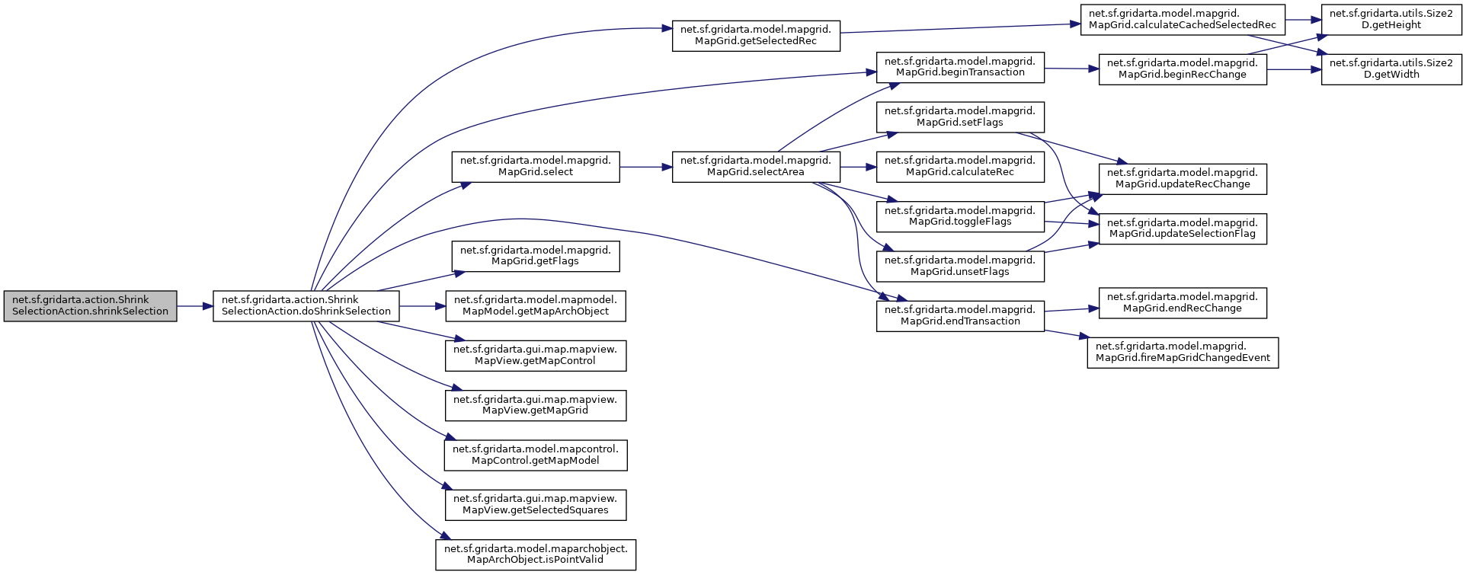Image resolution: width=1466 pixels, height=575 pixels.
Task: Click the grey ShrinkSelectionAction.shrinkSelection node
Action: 90,305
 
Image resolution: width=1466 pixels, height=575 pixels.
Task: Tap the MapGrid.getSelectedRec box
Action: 756,36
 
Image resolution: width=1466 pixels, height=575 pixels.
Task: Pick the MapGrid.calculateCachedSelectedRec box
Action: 1183,19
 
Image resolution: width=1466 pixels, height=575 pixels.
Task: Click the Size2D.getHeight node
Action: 1391,19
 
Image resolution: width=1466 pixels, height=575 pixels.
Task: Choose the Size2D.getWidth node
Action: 1391,69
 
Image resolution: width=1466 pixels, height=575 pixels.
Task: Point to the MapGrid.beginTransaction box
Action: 960,67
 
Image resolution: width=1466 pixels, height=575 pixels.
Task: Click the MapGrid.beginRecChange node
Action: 1183,69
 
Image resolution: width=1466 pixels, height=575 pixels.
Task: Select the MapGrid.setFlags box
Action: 960,117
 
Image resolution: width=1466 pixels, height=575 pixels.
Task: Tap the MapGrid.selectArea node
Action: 756,166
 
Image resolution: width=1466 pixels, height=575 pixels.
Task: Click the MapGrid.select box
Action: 535,166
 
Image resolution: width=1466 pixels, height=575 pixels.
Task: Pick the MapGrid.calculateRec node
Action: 960,166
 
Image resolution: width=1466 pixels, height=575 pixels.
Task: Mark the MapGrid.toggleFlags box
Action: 960,216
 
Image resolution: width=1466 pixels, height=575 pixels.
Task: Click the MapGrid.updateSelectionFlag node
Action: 1183,228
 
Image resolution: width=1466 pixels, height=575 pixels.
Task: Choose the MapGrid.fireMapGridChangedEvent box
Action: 1183,352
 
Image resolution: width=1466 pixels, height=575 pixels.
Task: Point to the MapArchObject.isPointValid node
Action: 535,554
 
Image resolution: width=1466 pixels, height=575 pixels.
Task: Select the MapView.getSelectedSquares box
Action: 535,504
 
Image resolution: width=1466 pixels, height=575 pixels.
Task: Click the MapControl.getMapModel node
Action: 535,455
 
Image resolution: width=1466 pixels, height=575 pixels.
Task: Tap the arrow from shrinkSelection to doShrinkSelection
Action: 195,306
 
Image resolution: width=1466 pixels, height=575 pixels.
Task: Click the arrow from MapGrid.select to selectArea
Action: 645,167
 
